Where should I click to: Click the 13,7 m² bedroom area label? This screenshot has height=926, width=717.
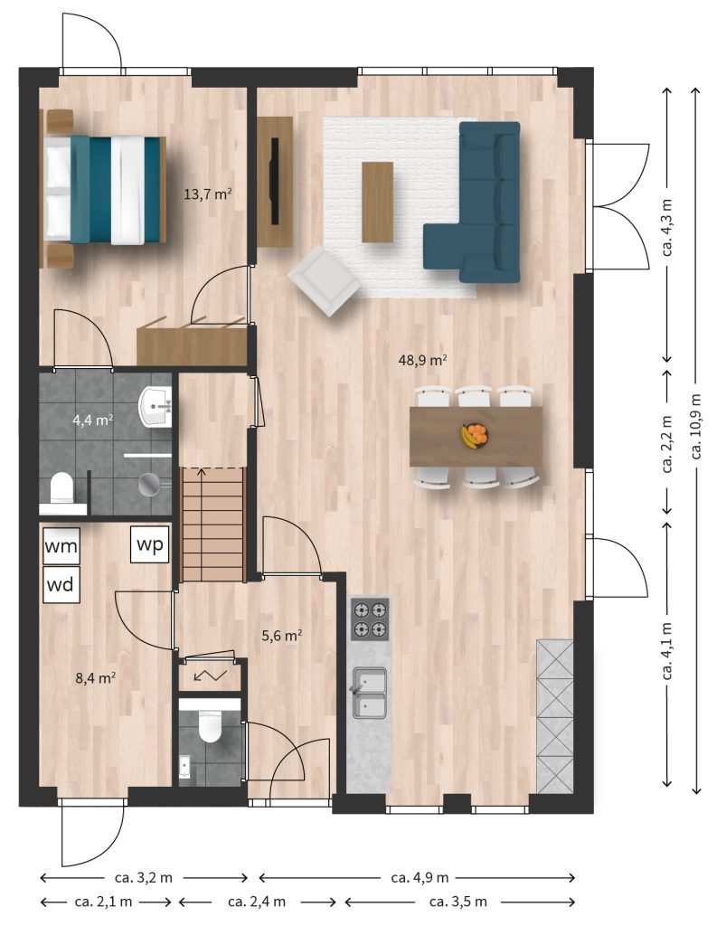[207, 194]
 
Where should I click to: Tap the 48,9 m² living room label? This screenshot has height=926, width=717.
[422, 360]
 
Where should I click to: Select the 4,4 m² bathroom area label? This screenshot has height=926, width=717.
[93, 420]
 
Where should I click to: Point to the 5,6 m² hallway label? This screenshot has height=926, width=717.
[282, 636]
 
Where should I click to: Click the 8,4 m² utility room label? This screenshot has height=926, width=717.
[95, 677]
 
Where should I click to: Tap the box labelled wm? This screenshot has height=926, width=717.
[61, 546]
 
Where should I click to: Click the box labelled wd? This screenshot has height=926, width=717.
[61, 585]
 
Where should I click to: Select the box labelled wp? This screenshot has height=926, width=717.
[150, 543]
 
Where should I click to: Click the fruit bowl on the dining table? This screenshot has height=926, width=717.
[475, 436]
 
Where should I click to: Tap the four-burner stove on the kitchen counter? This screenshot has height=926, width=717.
[371, 619]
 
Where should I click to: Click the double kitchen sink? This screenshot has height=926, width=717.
[369, 692]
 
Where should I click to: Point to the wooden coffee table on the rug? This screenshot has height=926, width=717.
[377, 202]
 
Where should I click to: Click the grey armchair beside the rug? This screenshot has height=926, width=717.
[324, 280]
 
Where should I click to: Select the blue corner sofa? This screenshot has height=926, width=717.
[478, 202]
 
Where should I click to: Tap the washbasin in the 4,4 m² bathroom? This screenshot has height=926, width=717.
[155, 406]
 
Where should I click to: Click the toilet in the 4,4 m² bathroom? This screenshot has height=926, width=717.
[61, 487]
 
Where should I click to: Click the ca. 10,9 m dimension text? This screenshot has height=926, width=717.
[697, 427]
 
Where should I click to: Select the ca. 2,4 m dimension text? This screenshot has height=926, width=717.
[257, 902]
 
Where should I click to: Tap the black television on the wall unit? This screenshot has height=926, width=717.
[274, 181]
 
